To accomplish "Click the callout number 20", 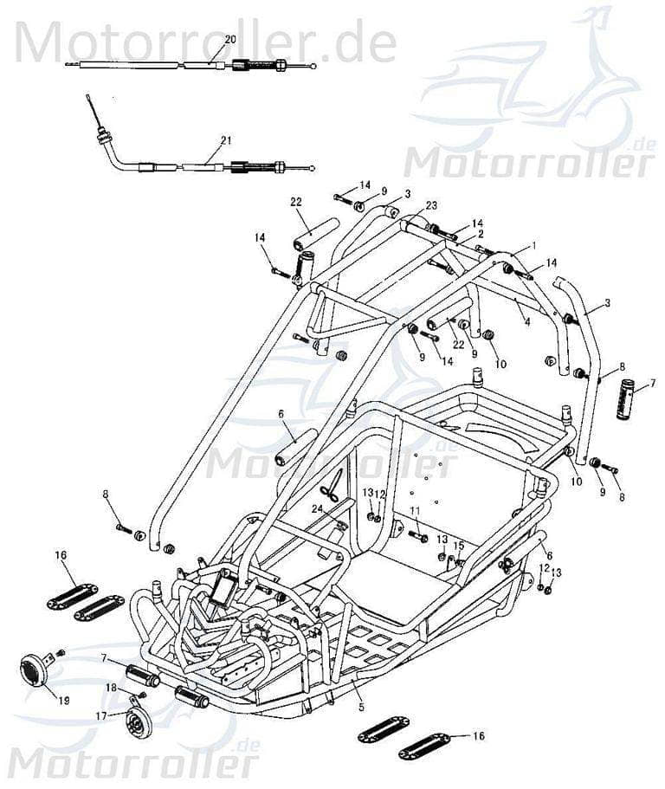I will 229,40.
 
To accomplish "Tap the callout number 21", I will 226,139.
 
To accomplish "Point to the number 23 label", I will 431,205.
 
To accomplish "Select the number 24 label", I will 317,508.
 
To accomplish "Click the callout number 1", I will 534,246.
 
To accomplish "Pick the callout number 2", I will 481,234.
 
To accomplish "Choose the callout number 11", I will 414,510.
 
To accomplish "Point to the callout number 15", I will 459,546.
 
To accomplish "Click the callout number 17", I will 101,715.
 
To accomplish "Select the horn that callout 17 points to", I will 136,721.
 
